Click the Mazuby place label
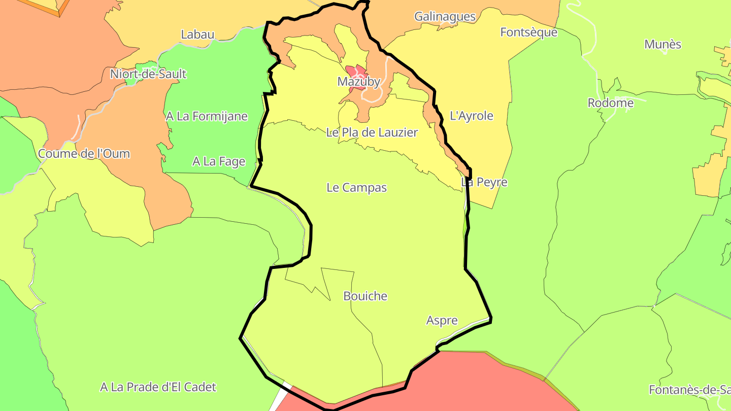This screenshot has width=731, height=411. (358, 81)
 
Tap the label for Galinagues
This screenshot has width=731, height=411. (445, 16)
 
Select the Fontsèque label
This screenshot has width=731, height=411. (528, 32)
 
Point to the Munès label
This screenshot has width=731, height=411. (662, 44)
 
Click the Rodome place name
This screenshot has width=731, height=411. (610, 103)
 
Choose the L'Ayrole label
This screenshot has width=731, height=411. (472, 116)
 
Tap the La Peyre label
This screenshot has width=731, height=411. (484, 182)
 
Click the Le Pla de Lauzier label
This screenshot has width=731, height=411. (372, 132)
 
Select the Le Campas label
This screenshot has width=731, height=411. (356, 187)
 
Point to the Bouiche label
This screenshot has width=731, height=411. (365, 296)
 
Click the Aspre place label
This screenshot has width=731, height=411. (442, 320)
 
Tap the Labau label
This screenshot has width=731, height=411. (197, 35)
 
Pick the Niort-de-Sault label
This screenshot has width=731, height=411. (148, 74)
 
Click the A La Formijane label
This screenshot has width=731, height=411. (207, 116)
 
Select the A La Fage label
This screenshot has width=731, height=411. (218, 161)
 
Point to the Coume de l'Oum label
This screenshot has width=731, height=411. (84, 154)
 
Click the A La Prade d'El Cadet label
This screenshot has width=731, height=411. (158, 387)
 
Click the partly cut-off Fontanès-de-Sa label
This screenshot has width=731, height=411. (689, 390)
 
